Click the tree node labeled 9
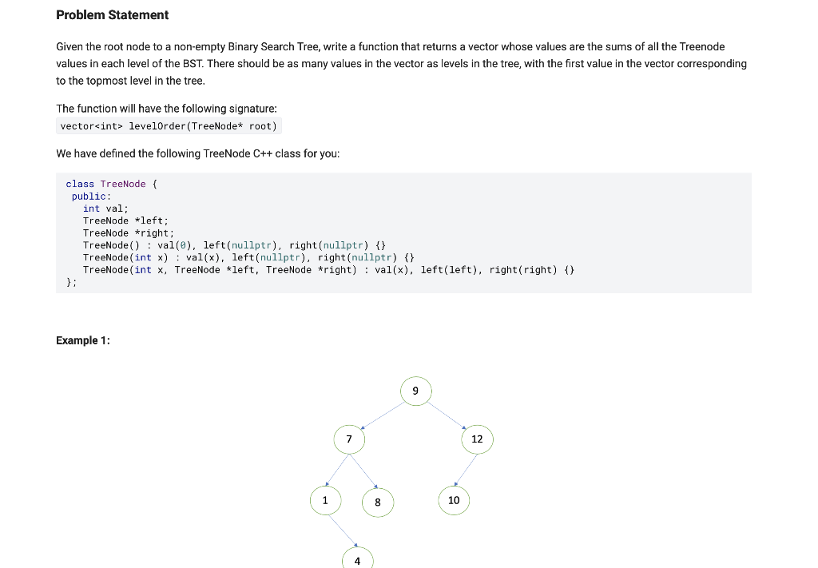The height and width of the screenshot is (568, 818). pyautogui.click(x=415, y=391)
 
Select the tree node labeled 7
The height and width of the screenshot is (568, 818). pyautogui.click(x=349, y=439)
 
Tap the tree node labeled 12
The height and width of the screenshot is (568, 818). pyautogui.click(x=477, y=439)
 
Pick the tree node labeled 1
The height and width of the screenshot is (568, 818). pyautogui.click(x=324, y=501)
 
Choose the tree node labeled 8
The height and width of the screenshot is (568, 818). pyautogui.click(x=378, y=502)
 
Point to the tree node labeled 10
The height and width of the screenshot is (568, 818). pyautogui.click(x=454, y=501)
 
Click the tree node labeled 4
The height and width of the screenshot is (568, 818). pyautogui.click(x=357, y=560)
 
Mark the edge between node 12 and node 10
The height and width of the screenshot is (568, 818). pyautogui.click(x=466, y=470)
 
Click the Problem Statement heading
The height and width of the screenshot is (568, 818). pyautogui.click(x=113, y=14)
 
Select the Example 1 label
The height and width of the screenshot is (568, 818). pyautogui.click(x=83, y=340)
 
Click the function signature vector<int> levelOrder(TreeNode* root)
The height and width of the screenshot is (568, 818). pyautogui.click(x=169, y=126)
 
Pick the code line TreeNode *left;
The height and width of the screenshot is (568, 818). pyautogui.click(x=125, y=220)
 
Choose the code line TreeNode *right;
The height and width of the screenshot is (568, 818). pyautogui.click(x=128, y=232)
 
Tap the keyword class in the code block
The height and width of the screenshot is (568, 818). pyautogui.click(x=80, y=184)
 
